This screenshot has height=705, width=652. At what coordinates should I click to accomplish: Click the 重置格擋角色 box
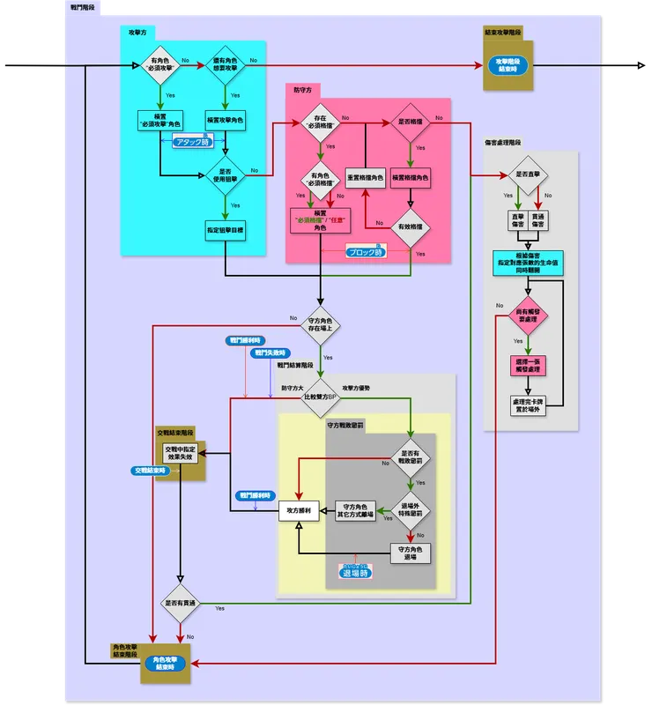tap(365, 178)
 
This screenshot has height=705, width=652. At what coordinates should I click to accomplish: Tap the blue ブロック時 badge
tap(366, 251)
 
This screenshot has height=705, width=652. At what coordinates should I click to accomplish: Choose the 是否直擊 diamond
tap(527, 174)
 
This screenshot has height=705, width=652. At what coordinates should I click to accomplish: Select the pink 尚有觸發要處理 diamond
tap(527, 315)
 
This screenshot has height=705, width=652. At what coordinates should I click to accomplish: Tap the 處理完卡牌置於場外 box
tap(527, 405)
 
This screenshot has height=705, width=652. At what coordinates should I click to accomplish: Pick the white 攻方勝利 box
tap(299, 510)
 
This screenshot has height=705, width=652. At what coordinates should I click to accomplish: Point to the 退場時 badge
tap(355, 572)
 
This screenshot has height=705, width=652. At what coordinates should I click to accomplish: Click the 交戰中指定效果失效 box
tap(181, 453)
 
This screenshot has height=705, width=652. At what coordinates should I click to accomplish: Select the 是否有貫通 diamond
tap(181, 604)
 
